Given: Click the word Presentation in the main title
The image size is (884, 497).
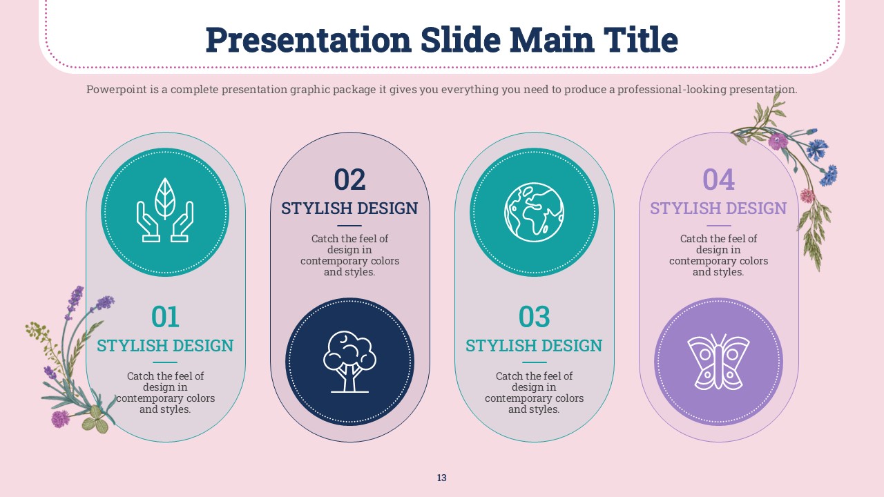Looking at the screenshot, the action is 309,40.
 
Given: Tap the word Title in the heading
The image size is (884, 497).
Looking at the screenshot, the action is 640,39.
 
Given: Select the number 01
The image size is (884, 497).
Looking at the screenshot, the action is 165,317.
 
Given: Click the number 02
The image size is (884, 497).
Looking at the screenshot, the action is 349,180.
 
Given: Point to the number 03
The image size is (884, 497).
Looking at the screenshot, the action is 534,317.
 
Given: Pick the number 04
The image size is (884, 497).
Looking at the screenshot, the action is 719,180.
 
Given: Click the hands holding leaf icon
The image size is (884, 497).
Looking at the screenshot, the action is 165,210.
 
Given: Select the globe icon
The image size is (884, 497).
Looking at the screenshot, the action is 534,212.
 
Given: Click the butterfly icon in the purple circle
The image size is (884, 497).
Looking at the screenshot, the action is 718,362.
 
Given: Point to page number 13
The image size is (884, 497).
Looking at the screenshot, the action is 441,478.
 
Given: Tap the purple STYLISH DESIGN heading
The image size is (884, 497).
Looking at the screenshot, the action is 718,208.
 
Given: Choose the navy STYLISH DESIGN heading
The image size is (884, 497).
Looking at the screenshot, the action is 349,208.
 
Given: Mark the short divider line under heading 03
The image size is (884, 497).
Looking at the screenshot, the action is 534,362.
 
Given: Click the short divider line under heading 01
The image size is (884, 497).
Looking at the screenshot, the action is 165,362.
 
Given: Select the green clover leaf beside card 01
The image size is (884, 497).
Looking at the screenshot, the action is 95,420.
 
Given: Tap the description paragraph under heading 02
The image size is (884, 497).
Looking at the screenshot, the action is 349,255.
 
